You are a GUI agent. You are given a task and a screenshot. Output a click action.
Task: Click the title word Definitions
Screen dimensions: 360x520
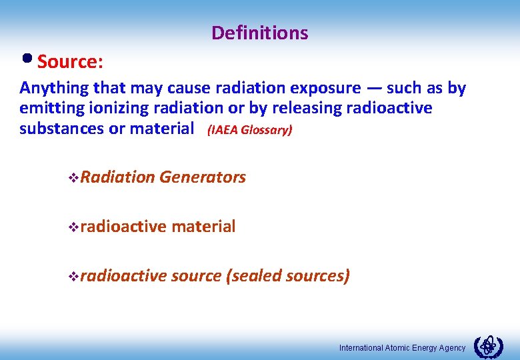259,33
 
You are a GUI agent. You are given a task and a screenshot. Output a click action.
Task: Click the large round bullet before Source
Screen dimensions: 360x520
27,59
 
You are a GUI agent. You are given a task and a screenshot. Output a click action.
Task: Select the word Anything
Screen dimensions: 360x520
54,88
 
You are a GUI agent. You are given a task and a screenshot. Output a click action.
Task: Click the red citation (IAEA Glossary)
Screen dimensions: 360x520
249,129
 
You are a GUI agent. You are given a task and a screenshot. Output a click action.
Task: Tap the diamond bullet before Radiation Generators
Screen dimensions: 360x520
73,178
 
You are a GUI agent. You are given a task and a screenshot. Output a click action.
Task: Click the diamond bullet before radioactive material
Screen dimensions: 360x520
73,227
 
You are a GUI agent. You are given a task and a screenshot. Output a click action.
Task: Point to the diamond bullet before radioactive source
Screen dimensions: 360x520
73,277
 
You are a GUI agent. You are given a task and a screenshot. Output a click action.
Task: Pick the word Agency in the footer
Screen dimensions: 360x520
451,348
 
